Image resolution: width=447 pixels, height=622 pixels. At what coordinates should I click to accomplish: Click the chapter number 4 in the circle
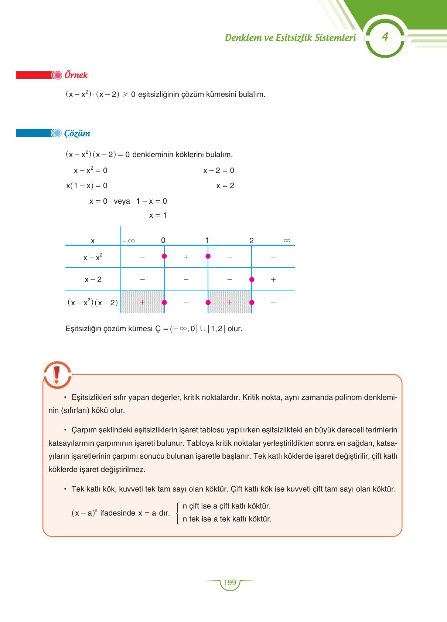[385, 37]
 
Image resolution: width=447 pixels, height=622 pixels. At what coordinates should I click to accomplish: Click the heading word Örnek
[76, 75]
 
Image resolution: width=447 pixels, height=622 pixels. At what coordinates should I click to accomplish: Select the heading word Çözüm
[77, 133]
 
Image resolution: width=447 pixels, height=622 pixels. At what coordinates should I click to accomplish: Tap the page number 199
[230, 583]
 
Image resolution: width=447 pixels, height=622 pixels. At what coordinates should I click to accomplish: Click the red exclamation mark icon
[57, 375]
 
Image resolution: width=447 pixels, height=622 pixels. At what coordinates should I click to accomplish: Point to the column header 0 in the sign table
[163, 241]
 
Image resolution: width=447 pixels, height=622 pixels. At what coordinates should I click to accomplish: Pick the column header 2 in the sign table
[252, 241]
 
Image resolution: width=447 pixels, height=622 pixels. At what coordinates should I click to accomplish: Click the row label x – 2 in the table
[93, 280]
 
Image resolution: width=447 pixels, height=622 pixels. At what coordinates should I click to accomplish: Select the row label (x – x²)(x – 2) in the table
[93, 303]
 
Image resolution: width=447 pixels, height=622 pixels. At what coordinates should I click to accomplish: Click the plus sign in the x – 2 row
[273, 280]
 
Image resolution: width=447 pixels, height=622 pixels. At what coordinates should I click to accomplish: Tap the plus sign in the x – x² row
[186, 257]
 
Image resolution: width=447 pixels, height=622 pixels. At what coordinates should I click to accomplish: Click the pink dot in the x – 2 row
[252, 279]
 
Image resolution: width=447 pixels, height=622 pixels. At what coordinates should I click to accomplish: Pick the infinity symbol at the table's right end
[287, 241]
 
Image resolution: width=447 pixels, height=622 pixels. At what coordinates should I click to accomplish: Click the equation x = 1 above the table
[158, 215]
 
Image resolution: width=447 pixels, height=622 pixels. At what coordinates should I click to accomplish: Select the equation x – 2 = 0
[219, 171]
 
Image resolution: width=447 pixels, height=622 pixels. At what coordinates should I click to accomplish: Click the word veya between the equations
[122, 201]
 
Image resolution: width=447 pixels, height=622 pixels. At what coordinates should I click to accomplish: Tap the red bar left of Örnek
[33, 75]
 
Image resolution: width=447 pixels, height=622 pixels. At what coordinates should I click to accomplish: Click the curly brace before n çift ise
[178, 513]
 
